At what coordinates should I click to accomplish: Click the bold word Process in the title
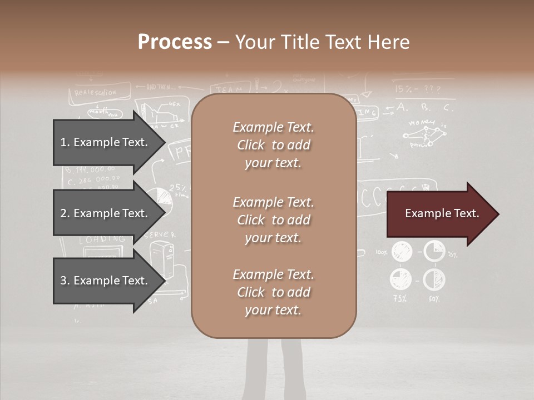click(x=175, y=42)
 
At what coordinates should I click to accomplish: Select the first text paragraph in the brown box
click(x=273, y=145)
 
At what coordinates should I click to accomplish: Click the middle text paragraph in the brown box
click(x=273, y=220)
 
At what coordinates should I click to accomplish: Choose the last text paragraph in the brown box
click(x=273, y=292)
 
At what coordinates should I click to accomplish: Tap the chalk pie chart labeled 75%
click(x=401, y=279)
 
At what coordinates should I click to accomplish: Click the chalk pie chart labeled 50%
click(x=434, y=279)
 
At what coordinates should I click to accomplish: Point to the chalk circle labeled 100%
click(x=401, y=252)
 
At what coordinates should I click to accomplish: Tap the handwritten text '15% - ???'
click(x=417, y=89)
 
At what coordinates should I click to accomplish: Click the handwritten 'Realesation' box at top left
click(x=95, y=93)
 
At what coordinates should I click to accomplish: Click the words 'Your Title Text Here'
click(x=322, y=42)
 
